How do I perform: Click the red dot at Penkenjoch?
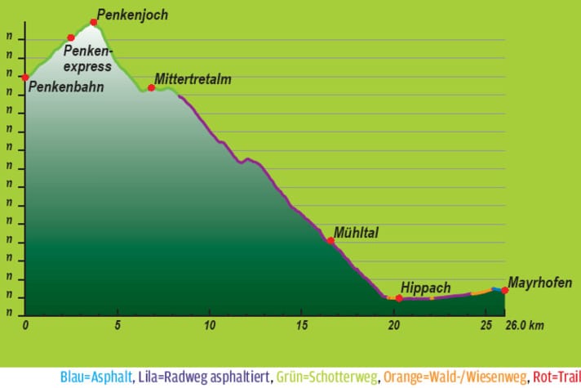point(94,22)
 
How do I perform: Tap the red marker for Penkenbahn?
point(25,78)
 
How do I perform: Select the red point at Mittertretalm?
point(151,87)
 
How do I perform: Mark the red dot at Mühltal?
point(330,240)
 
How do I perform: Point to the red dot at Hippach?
point(398,298)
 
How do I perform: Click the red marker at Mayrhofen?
point(505,290)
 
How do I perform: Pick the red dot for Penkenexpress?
point(71,38)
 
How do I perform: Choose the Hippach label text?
point(424,288)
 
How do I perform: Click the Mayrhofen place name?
point(539,283)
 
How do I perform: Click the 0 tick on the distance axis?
point(25,325)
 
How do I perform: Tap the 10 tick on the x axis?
point(210,325)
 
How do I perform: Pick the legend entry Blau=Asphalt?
point(92,377)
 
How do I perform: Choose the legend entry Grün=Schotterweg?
point(327,377)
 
